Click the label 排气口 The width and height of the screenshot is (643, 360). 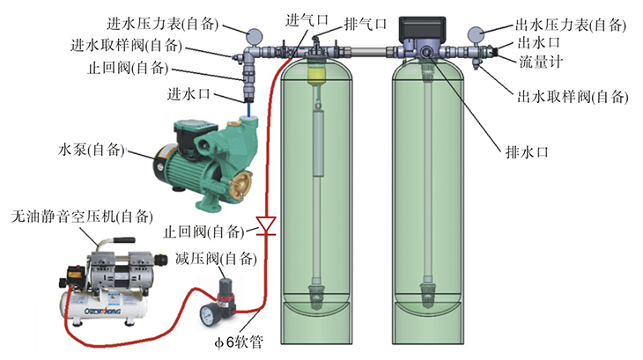363,23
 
